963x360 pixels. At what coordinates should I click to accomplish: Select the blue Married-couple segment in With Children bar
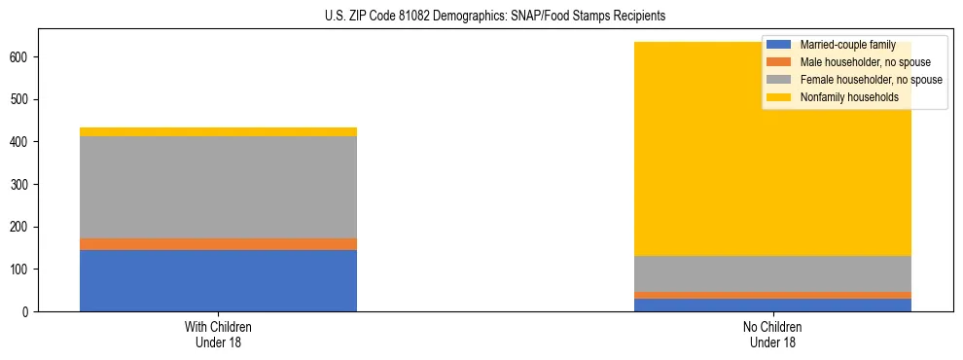click(218, 280)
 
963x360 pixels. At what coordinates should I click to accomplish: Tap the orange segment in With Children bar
click(218, 244)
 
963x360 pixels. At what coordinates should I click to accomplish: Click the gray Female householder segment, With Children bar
click(218, 187)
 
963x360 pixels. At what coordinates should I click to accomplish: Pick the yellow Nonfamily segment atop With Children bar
click(218, 131)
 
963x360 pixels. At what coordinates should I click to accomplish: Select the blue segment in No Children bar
click(772, 305)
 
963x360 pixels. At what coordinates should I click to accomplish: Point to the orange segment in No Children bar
click(772, 295)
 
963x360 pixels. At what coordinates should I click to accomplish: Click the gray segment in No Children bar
click(772, 273)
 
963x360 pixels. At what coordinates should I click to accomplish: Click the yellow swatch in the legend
click(779, 97)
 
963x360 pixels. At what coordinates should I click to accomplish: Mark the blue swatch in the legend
click(779, 45)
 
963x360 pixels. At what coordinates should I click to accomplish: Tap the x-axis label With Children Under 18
click(218, 334)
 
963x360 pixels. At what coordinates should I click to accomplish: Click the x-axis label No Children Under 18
click(772, 334)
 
